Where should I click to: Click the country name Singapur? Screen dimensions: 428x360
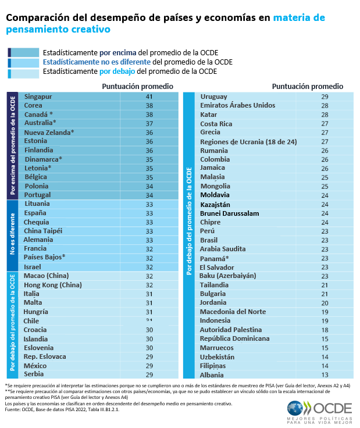38,97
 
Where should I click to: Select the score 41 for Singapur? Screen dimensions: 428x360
149,97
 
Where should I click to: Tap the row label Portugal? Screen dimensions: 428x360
38,195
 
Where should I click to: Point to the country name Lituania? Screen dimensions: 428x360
38,204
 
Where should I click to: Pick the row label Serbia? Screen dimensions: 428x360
34,374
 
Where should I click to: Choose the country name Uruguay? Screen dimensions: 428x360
213,97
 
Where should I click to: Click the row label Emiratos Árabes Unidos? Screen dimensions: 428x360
237,106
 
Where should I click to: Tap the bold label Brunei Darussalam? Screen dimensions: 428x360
229,213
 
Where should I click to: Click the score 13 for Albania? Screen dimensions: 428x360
325,375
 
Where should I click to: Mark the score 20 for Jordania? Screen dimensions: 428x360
325,303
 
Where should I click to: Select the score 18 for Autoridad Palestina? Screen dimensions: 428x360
325,330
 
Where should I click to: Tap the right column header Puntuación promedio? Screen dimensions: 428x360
308,86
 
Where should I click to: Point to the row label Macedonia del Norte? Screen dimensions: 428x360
233,312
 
